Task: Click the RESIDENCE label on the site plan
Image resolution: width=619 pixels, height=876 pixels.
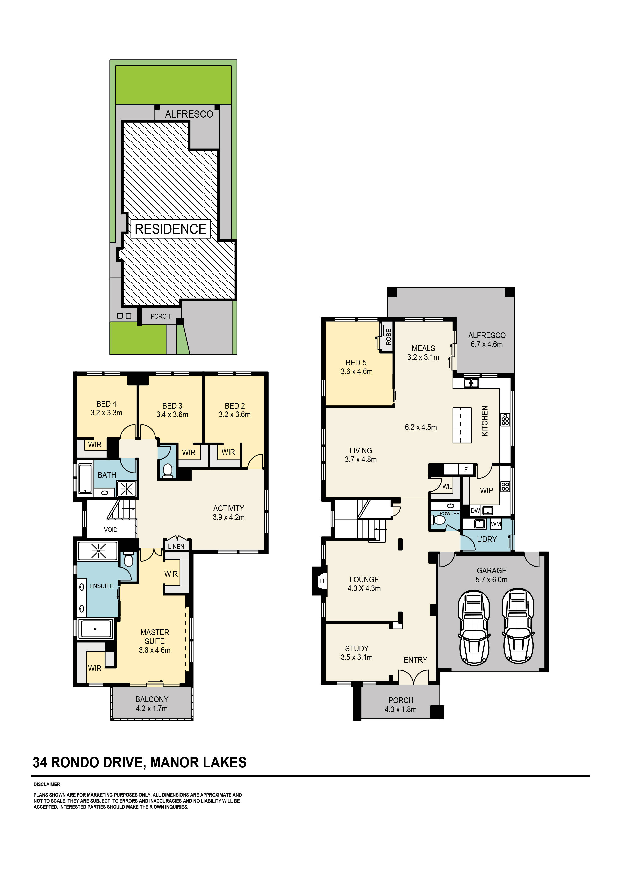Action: [170, 229]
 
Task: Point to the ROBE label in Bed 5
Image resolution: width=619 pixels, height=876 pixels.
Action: [389, 337]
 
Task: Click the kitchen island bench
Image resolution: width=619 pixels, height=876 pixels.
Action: [462, 425]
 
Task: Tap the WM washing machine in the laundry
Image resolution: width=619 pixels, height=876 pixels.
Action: [496, 524]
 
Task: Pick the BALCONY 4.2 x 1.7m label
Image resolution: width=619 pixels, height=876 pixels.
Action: [152, 704]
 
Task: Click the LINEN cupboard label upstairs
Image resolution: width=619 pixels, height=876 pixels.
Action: [176, 546]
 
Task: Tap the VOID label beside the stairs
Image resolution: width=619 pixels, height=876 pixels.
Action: [111, 530]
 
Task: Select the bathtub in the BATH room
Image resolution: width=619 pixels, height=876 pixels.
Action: [85, 478]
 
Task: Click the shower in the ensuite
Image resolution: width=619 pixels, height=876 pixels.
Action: [98, 551]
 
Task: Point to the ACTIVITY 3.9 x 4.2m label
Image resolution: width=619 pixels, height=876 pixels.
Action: [228, 512]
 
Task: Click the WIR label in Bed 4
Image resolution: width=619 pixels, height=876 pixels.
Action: [95, 445]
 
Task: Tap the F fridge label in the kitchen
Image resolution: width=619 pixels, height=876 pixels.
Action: [466, 469]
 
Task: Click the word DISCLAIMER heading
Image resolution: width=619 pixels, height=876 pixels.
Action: [47, 784]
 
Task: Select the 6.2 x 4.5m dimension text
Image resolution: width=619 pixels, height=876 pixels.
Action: [421, 427]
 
